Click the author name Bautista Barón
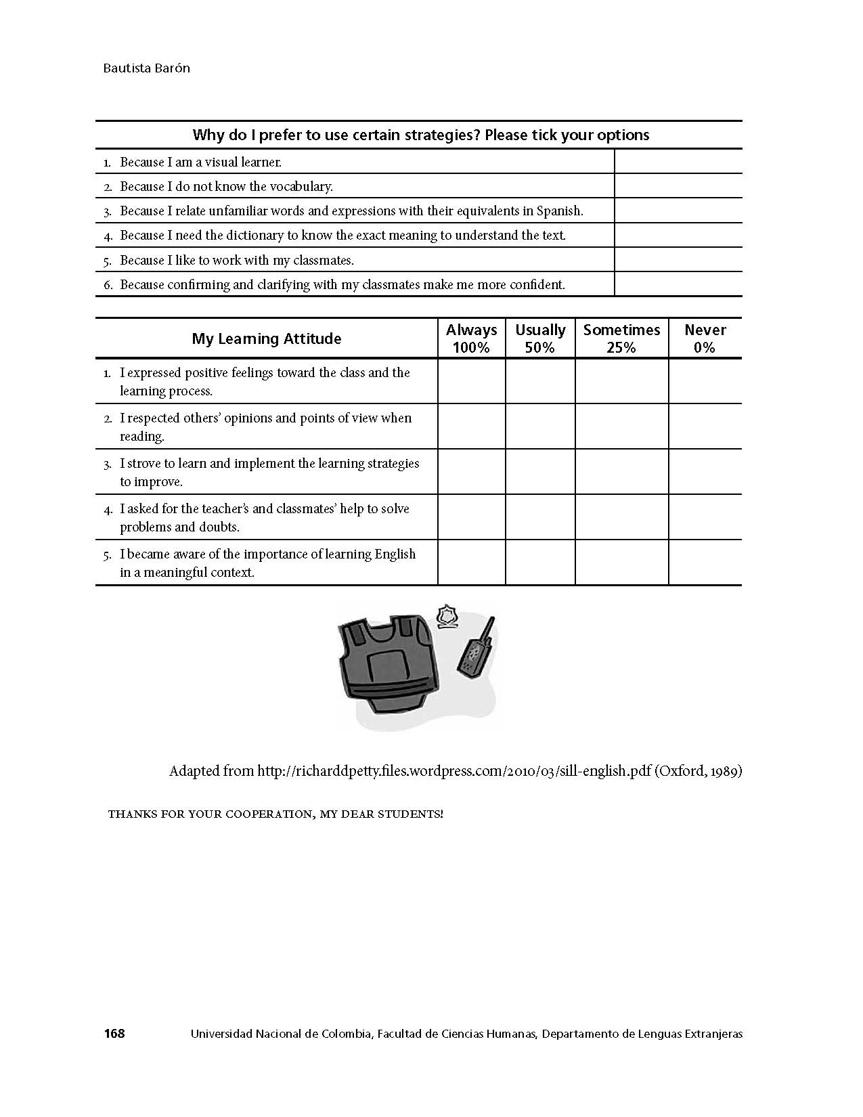147,68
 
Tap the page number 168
114,1033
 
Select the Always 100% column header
471,338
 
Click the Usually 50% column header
540,338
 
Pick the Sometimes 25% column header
621,338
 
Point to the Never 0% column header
705,338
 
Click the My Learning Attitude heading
267,338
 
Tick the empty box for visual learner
678,162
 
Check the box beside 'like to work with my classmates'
678,260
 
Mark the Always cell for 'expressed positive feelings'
471,381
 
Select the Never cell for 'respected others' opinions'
705,426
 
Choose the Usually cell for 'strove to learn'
540,472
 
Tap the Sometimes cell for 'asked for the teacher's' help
621,517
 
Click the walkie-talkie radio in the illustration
477,649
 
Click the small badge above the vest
445,617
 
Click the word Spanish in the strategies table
559,211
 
